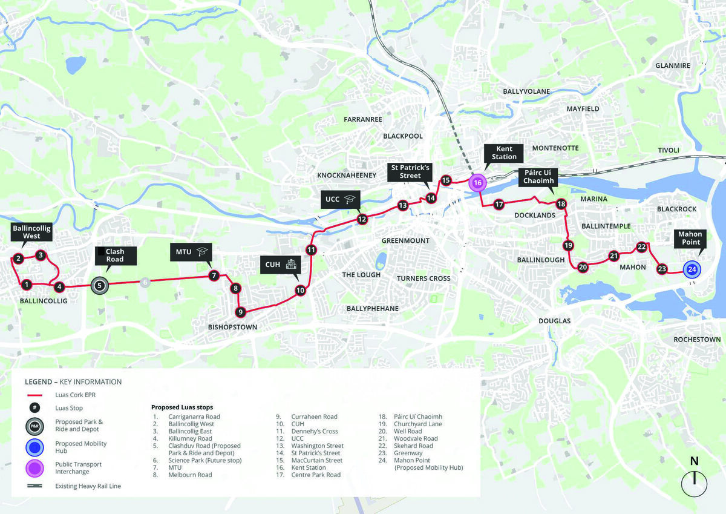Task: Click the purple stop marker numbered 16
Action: click(477, 182)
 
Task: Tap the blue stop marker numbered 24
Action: click(692, 269)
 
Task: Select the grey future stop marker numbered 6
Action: click(144, 282)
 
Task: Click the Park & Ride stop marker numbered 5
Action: click(100, 285)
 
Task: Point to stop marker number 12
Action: click(362, 219)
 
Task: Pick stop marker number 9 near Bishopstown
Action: click(240, 312)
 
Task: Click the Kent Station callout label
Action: click(504, 153)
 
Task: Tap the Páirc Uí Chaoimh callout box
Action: click(538, 177)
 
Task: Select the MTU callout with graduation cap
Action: click(191, 252)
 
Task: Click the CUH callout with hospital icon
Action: click(281, 264)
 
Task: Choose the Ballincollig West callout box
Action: click(31, 231)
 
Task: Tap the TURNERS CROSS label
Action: click(423, 278)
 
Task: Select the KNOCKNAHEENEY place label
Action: click(347, 176)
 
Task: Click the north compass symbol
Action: click(695, 482)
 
